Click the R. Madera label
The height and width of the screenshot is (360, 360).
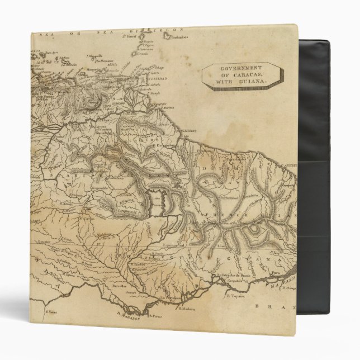point(188,306)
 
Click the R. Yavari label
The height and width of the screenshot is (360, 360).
point(53,312)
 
